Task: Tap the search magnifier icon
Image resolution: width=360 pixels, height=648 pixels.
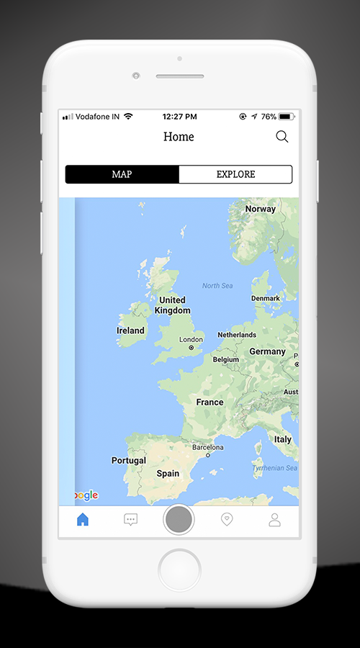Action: [x=282, y=137]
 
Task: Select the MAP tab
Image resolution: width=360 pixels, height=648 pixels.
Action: [x=122, y=174]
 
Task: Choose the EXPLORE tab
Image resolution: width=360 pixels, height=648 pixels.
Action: [x=235, y=174]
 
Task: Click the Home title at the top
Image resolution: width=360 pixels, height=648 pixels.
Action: [x=179, y=137]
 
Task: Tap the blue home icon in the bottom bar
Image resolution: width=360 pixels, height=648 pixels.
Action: [x=83, y=519]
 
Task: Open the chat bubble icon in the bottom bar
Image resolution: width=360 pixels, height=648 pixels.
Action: [x=130, y=519]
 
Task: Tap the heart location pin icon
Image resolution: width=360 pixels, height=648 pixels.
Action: [x=227, y=519]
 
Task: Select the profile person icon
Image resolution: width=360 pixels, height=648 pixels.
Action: [x=274, y=519]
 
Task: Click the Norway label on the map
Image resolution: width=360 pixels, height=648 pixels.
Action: [x=260, y=209]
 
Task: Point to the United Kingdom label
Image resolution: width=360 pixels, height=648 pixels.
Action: [x=173, y=305]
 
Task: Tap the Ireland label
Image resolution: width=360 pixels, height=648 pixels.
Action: [x=130, y=330]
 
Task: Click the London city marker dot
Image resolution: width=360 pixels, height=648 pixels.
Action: [x=191, y=348]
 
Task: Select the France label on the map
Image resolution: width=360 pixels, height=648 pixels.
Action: [x=210, y=402]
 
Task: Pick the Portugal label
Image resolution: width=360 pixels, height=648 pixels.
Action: [x=129, y=460]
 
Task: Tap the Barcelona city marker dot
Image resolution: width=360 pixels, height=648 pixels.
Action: [x=207, y=455]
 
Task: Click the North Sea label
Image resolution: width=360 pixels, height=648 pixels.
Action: [x=217, y=286]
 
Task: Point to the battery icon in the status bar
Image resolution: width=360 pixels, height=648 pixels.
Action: [x=287, y=117]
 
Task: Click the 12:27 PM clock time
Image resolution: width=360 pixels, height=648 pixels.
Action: [x=179, y=117]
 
